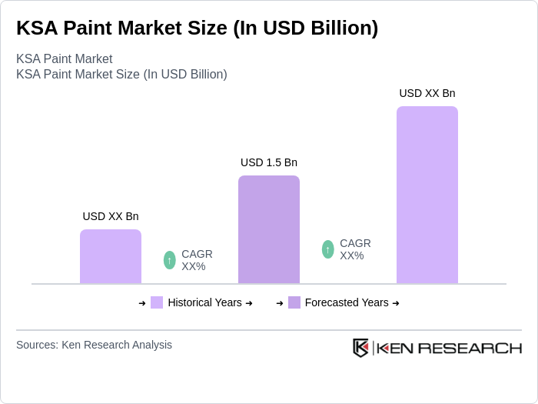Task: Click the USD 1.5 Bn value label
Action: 268,162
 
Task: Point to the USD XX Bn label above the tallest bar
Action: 427,93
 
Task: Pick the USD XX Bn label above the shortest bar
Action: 111,216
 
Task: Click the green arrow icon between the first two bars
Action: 170,260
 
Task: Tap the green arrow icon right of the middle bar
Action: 328,249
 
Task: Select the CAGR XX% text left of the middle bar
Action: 197,260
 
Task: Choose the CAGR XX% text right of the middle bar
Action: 355,249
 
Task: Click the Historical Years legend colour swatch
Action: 157,302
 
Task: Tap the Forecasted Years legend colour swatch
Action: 294,302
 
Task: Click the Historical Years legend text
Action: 204,302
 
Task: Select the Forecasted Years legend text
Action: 346,302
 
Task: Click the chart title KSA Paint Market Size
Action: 198,28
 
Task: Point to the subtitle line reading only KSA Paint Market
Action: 64,58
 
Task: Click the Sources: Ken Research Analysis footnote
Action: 94,345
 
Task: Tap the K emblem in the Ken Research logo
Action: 360,348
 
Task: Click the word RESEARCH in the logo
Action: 476,348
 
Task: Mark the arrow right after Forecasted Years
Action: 396,303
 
